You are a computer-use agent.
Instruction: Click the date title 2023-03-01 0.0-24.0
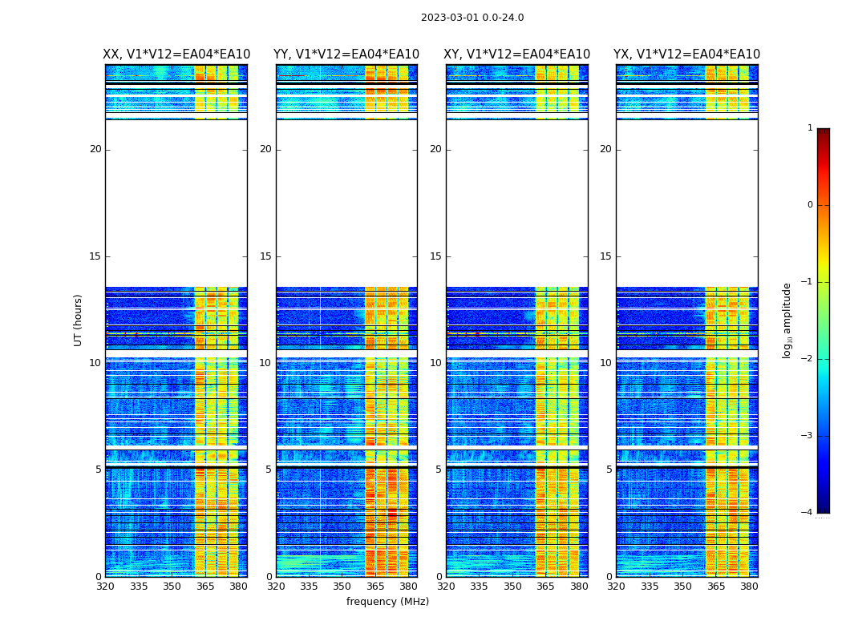tap(472, 18)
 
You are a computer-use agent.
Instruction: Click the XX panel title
tap(176, 54)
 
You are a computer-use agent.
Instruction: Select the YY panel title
tap(346, 54)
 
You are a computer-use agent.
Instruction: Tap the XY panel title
tap(517, 54)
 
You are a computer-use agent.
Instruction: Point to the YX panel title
tap(687, 54)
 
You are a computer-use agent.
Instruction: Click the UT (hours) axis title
tap(79, 320)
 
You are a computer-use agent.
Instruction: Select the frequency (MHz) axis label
tap(387, 602)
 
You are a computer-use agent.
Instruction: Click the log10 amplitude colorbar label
tap(787, 320)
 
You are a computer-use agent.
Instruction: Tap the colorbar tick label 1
tap(809, 128)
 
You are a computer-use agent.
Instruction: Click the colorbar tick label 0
tap(809, 205)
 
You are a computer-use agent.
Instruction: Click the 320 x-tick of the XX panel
tap(106, 587)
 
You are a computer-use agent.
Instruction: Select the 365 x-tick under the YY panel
tap(375, 587)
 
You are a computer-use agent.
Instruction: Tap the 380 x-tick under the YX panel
tap(749, 587)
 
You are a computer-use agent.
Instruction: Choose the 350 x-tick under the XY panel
tap(512, 587)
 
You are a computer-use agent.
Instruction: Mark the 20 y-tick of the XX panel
tap(95, 149)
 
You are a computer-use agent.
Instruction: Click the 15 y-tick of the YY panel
tap(265, 256)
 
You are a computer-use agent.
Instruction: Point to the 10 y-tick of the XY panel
tap(435, 363)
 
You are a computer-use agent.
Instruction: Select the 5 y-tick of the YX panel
tap(609, 470)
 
